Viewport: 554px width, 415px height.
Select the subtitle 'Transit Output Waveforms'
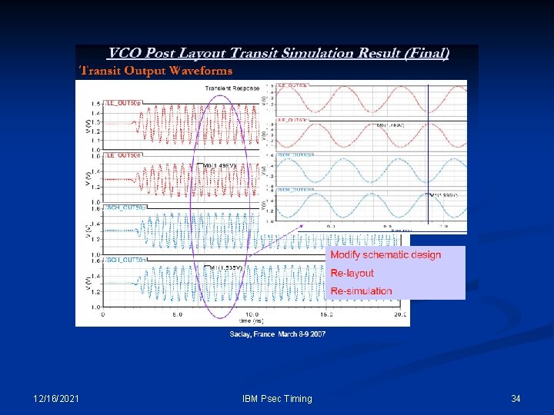pyautogui.click(x=156, y=71)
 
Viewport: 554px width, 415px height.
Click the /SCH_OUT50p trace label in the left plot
pyautogui.click(x=125, y=207)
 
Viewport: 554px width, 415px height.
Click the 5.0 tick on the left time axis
pyautogui.click(x=177, y=314)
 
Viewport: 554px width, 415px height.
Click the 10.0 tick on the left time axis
pyautogui.click(x=252, y=314)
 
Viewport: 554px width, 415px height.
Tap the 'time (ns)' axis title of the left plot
pyautogui.click(x=252, y=321)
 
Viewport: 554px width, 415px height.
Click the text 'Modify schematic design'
pyautogui.click(x=385, y=255)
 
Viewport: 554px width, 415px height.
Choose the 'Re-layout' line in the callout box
pyautogui.click(x=352, y=273)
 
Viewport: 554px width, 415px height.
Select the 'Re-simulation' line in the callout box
pyautogui.click(x=361, y=290)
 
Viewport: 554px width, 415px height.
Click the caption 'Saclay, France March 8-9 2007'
pyautogui.click(x=277, y=334)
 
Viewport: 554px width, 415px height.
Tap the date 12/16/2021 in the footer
pyautogui.click(x=56, y=398)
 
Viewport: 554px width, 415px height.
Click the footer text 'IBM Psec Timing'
pyautogui.click(x=277, y=398)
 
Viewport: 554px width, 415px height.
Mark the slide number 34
pyautogui.click(x=516, y=398)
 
